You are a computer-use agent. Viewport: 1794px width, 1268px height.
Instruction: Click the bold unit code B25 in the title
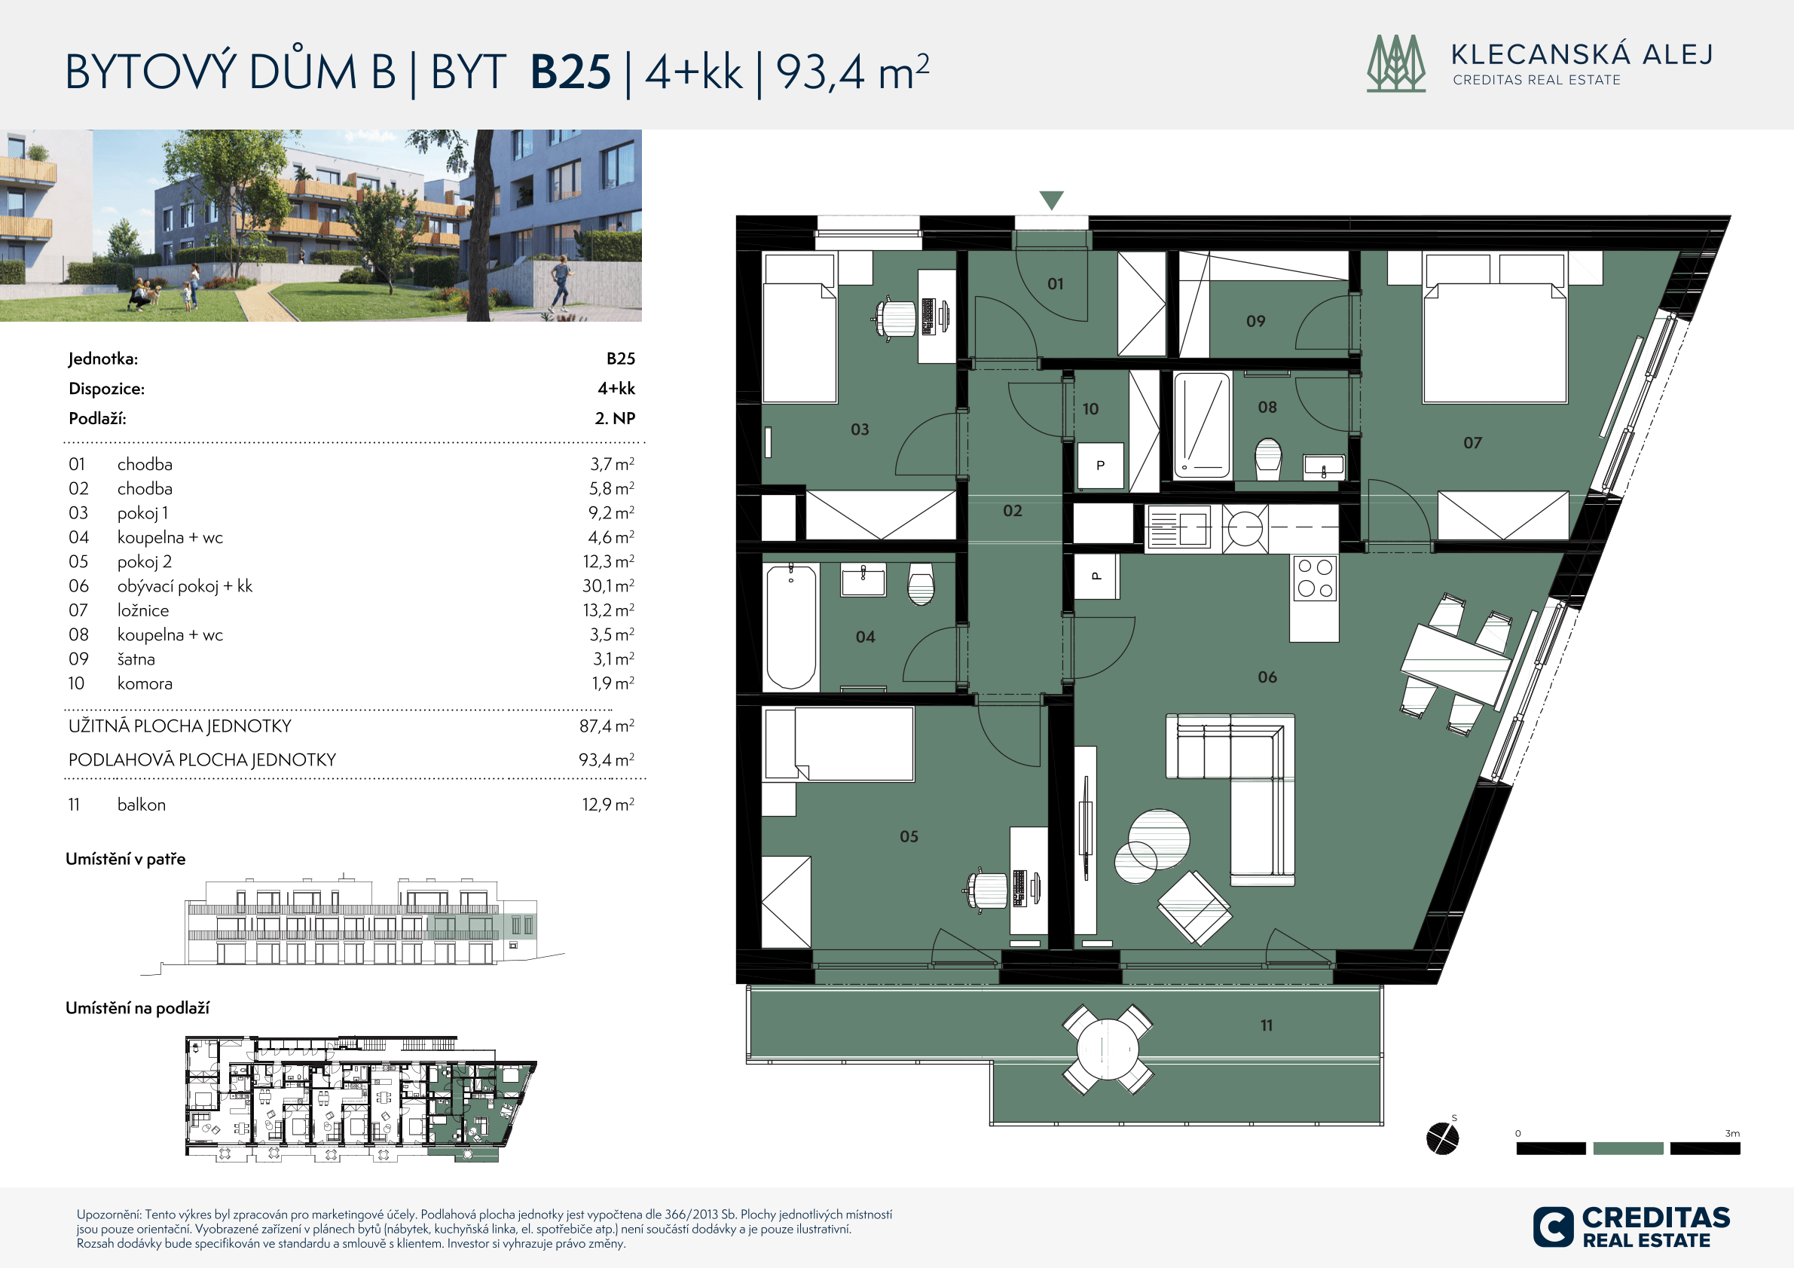(x=570, y=72)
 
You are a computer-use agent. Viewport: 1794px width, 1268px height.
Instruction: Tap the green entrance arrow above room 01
(x=1052, y=200)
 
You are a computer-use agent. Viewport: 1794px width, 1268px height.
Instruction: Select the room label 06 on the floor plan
(x=1267, y=677)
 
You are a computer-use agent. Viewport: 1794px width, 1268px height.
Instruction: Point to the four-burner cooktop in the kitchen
(x=1314, y=578)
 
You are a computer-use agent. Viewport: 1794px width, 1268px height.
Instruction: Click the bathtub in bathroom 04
(x=792, y=627)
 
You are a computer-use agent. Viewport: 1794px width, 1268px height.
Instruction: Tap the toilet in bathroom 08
(x=1268, y=460)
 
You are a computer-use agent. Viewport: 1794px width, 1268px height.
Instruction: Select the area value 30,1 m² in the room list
(x=608, y=586)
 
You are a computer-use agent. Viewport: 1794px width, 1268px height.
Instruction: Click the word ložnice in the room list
(x=143, y=610)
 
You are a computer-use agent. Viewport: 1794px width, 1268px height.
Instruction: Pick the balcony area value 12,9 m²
(x=608, y=804)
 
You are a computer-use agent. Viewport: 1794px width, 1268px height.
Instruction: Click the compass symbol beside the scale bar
(x=1442, y=1138)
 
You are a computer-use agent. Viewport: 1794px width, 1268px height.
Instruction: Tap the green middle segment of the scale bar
(x=1627, y=1148)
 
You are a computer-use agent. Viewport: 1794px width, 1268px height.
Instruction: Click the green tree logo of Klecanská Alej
(x=1396, y=63)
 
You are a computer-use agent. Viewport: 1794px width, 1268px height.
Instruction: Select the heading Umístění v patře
(x=126, y=860)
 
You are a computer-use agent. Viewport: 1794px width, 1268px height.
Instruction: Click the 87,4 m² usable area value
(x=607, y=726)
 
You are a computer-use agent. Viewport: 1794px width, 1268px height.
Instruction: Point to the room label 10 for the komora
(x=1091, y=408)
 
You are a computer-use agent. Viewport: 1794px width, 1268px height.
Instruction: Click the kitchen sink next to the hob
(x=1179, y=527)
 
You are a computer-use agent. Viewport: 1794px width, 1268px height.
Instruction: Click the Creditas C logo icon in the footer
(x=1553, y=1227)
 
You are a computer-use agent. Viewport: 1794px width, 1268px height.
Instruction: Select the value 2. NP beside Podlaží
(x=615, y=418)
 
